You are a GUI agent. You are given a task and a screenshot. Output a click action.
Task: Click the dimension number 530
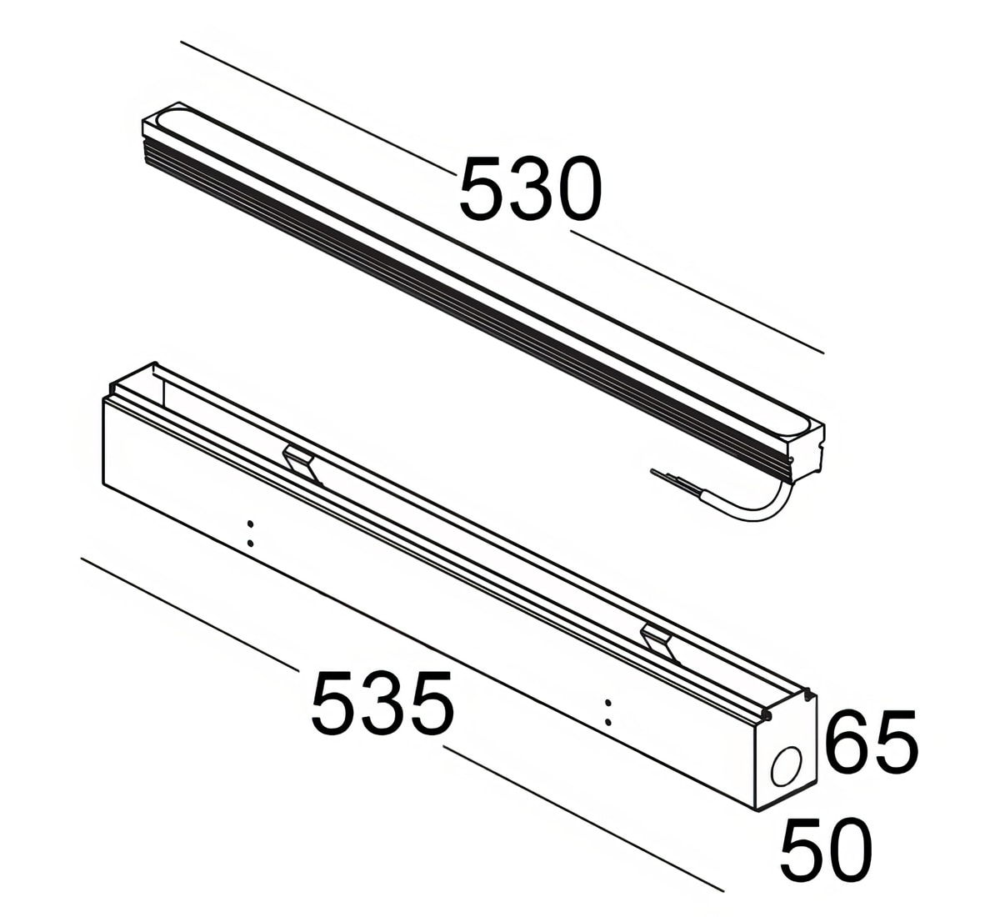(x=530, y=188)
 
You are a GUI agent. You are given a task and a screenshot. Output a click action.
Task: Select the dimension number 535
(x=382, y=703)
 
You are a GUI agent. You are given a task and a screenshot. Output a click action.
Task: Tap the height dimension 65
(x=871, y=741)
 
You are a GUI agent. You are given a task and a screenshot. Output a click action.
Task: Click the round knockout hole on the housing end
(x=787, y=767)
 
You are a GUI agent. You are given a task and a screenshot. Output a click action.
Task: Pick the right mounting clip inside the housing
(x=662, y=644)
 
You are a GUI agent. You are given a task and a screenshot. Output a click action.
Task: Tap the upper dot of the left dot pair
(x=250, y=524)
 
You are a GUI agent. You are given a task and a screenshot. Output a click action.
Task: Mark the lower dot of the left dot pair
(x=250, y=543)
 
